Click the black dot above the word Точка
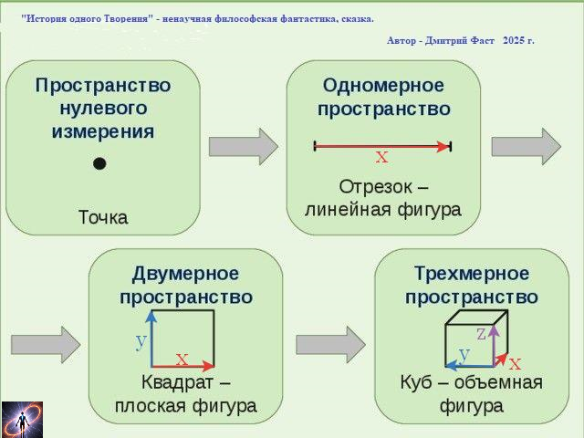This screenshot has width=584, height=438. tap(99, 163)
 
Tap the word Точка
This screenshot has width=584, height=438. tap(102, 217)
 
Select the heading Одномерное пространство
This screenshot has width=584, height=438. tap(383, 97)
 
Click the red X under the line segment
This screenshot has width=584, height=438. tap(381, 158)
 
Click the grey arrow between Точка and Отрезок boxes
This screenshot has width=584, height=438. tap(243, 146)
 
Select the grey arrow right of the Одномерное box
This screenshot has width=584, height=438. tap(527, 146)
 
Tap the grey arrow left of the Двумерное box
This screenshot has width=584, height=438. tap(46, 344)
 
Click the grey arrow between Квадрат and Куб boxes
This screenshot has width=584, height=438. tap(330, 344)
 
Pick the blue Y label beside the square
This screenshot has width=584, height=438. tap(141, 342)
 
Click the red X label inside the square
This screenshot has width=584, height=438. tap(182, 360)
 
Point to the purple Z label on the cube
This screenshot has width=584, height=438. tap(481, 334)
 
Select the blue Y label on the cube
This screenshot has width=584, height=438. tap(464, 354)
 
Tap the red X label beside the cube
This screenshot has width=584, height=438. tap(516, 363)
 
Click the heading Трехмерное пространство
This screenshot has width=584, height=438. tap(471, 286)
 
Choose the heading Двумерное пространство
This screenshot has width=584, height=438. tap(185, 286)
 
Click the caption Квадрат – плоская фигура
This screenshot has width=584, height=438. tap(185, 393)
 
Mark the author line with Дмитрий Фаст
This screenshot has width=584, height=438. tap(461, 41)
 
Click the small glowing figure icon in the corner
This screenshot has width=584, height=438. tap(22, 419)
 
